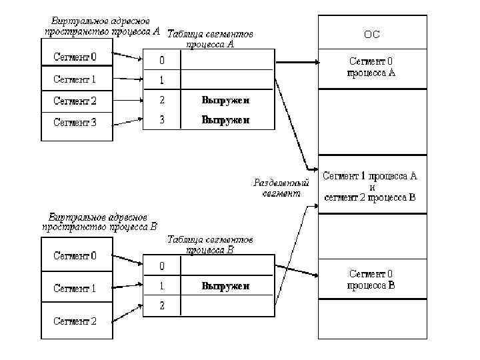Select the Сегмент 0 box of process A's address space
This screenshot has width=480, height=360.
coord(75,57)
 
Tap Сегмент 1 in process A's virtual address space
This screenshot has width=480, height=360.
coord(75,79)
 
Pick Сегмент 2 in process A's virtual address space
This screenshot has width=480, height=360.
coord(75,101)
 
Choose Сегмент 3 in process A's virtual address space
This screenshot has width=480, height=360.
coord(75,123)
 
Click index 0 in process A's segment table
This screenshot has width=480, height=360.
coord(161,61)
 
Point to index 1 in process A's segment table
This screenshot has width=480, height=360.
coord(161,81)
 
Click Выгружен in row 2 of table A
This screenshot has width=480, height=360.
coord(225,101)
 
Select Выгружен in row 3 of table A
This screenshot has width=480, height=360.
coord(225,121)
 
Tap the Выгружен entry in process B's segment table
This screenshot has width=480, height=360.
coord(225,286)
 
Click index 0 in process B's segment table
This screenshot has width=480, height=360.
coord(161,267)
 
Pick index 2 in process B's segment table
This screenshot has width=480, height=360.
coord(161,306)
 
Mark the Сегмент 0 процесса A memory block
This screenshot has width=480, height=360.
coord(371,67)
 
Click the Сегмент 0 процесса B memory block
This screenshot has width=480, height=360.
coord(371,280)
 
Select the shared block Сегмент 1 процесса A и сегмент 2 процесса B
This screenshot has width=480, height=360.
coord(371,187)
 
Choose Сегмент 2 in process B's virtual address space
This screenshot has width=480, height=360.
coord(75,321)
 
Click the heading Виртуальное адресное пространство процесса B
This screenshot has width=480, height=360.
coord(99,221)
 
